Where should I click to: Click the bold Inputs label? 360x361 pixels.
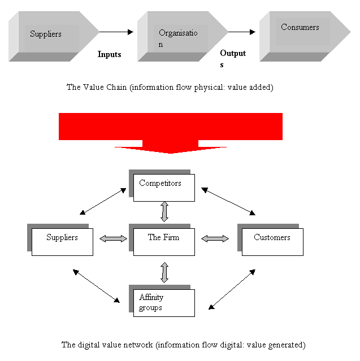click(x=109, y=55)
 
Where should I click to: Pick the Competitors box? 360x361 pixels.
click(x=164, y=187)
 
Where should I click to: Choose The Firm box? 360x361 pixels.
click(x=164, y=241)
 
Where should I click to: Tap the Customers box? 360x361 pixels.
click(x=272, y=241)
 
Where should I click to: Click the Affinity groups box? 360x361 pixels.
click(x=164, y=302)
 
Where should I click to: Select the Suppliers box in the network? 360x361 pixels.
click(x=62, y=241)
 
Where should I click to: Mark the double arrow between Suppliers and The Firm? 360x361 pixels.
click(x=113, y=239)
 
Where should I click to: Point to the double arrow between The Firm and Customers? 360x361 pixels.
click(x=215, y=239)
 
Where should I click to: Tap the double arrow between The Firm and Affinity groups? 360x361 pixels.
click(x=164, y=272)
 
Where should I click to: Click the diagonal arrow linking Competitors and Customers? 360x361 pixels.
click(x=228, y=201)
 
